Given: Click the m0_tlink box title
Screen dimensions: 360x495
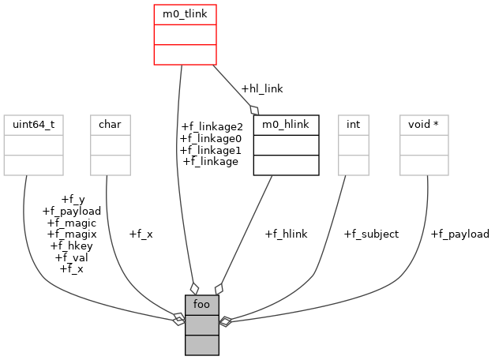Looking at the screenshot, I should tap(184, 14).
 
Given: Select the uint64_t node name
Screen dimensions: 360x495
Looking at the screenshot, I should tap(33, 125).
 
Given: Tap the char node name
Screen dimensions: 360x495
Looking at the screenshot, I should tap(109, 125).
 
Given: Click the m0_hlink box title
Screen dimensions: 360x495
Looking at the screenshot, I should tap(286, 125).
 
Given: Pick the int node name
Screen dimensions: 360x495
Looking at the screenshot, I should tap(353, 125).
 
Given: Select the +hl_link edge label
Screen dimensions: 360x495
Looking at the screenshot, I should tap(262, 88).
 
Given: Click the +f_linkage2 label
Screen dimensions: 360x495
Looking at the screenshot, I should tap(212, 126).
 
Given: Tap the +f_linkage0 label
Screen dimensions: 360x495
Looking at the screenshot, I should tap(212, 138).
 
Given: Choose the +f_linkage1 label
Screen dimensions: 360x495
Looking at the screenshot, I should tap(211, 150).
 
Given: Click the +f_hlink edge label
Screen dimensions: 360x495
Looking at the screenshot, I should tap(286, 234).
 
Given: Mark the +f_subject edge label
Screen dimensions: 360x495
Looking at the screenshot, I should tap(371, 234).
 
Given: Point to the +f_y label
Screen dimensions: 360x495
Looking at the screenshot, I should tap(72, 199).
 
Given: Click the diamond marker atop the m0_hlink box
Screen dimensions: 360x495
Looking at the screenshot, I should tap(254, 110).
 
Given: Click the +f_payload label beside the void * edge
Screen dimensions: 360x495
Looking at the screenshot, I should tap(459, 234).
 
